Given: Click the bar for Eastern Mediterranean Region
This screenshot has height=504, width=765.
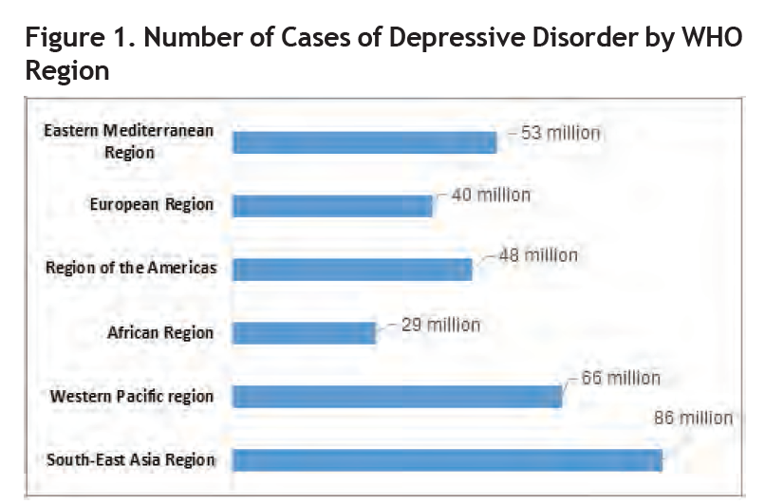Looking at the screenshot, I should [x=364, y=142].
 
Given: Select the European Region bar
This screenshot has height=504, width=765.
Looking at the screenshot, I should [x=332, y=206].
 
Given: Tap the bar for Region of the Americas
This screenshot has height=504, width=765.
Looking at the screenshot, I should [x=352, y=269].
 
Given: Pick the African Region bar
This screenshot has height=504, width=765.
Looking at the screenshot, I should [x=304, y=333].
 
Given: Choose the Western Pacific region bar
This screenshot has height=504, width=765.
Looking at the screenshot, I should [x=397, y=396].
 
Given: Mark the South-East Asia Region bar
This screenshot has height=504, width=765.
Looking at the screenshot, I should [x=447, y=460].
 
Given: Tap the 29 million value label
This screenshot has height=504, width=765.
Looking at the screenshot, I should [x=441, y=325].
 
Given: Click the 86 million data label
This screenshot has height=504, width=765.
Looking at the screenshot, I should [x=693, y=418].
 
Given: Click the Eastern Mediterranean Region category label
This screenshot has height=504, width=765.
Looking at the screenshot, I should [x=129, y=141].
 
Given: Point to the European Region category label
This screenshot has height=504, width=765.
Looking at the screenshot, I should [x=151, y=204].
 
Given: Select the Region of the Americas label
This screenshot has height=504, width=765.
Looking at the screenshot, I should [x=131, y=268].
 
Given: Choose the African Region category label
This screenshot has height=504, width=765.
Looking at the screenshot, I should [x=160, y=332].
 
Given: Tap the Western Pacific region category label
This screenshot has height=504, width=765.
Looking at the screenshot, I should [x=132, y=395].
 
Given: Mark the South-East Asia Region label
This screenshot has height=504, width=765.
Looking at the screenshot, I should [x=131, y=460].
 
